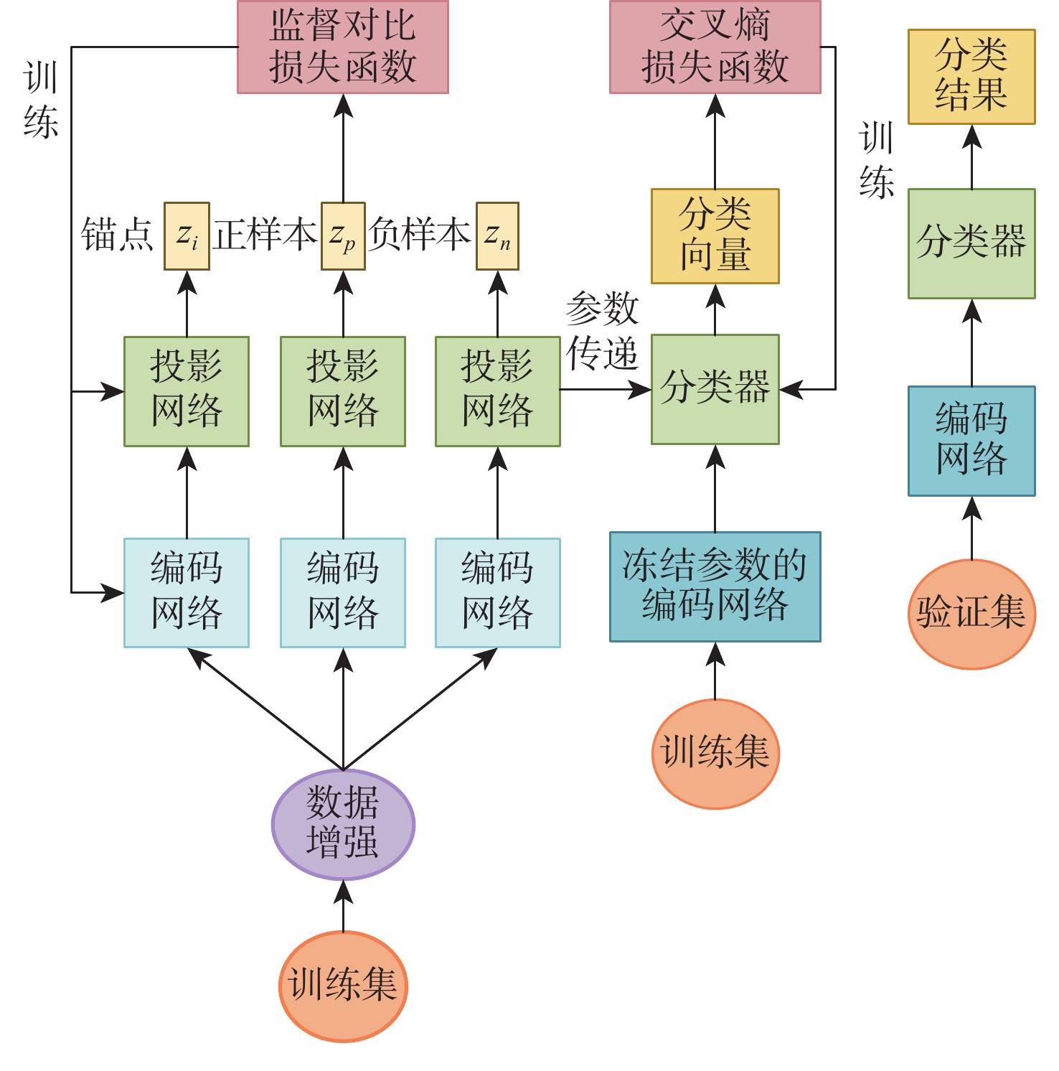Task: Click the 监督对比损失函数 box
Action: click(x=343, y=47)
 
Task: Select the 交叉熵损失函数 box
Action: click(x=715, y=47)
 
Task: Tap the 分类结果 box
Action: click(x=971, y=77)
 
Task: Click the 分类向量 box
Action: click(x=715, y=236)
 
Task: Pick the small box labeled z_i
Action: click(x=187, y=236)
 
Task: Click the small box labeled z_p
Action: click(x=343, y=236)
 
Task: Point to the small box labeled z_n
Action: click(x=497, y=236)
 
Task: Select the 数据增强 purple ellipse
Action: click(x=343, y=824)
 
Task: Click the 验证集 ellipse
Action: click(x=971, y=614)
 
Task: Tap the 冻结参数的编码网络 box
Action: click(x=715, y=586)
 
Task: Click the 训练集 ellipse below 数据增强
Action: click(x=343, y=986)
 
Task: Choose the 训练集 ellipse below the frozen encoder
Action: click(x=715, y=754)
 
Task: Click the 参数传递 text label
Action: click(x=602, y=332)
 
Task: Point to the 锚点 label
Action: click(x=118, y=235)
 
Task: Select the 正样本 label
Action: click(x=265, y=235)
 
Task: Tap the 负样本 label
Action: click(x=420, y=235)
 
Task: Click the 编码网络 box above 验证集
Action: click(x=971, y=441)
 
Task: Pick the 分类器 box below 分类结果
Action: click(x=971, y=243)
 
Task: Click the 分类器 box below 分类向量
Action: click(x=715, y=389)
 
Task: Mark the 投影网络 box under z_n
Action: click(x=497, y=391)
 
